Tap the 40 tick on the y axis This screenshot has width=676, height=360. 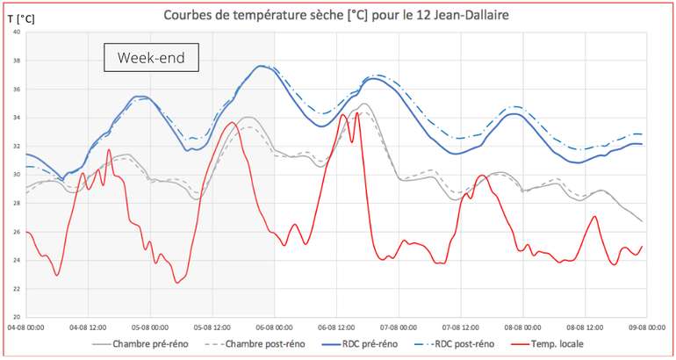click(x=16, y=32)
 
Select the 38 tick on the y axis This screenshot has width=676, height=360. click(x=16, y=61)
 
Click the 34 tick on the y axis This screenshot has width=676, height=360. click(x=16, y=118)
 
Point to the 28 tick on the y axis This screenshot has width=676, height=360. click(x=16, y=203)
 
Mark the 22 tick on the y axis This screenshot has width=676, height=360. click(x=16, y=288)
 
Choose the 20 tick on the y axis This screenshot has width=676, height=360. click(x=16, y=316)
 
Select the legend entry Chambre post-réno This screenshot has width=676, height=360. click(x=261, y=343)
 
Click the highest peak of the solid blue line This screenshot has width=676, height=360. click(x=261, y=66)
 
